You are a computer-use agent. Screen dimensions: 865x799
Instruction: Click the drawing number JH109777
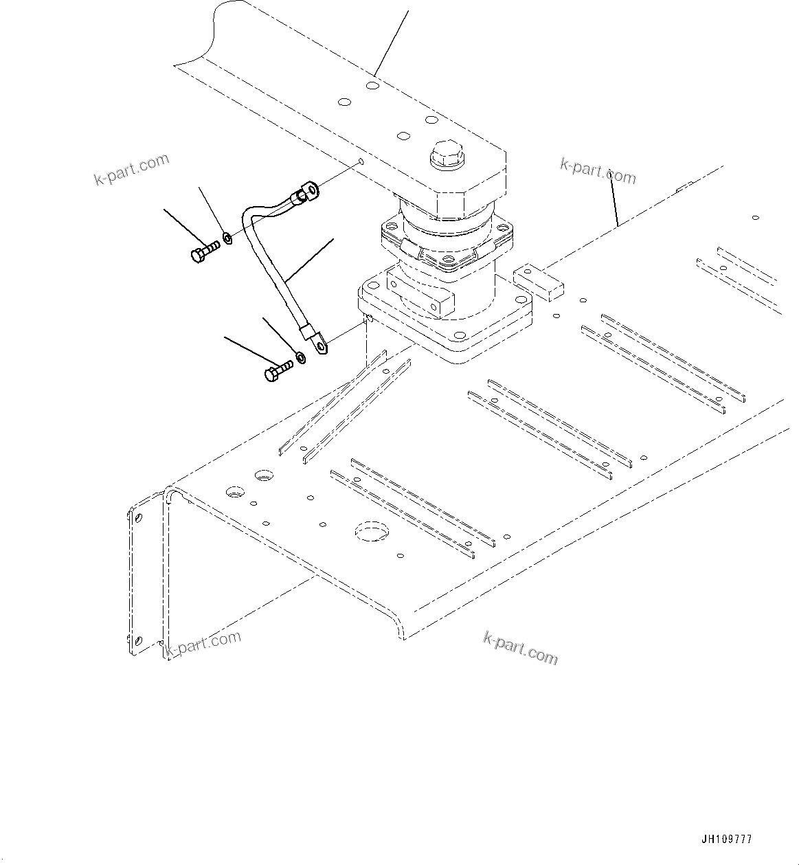pyautogui.click(x=727, y=840)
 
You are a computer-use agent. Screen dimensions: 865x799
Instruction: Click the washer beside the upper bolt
pyautogui.click(x=227, y=239)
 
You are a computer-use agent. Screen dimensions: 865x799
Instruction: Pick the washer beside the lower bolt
pyautogui.click(x=300, y=357)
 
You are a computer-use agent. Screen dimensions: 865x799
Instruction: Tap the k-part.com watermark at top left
pyautogui.click(x=131, y=170)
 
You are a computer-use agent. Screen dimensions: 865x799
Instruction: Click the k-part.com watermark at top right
pyautogui.click(x=598, y=171)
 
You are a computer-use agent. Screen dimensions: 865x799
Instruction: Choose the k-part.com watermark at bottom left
pyautogui.click(x=204, y=644)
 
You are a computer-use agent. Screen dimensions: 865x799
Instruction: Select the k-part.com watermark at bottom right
pyautogui.click(x=520, y=648)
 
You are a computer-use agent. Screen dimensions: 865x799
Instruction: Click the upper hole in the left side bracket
pyautogui.click(x=138, y=517)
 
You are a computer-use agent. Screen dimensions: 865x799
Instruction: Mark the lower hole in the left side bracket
pyautogui.click(x=138, y=640)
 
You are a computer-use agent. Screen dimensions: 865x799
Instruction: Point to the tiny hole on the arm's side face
pyautogui.click(x=361, y=162)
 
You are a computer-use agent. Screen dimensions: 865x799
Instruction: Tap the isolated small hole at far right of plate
pyautogui.click(x=755, y=218)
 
